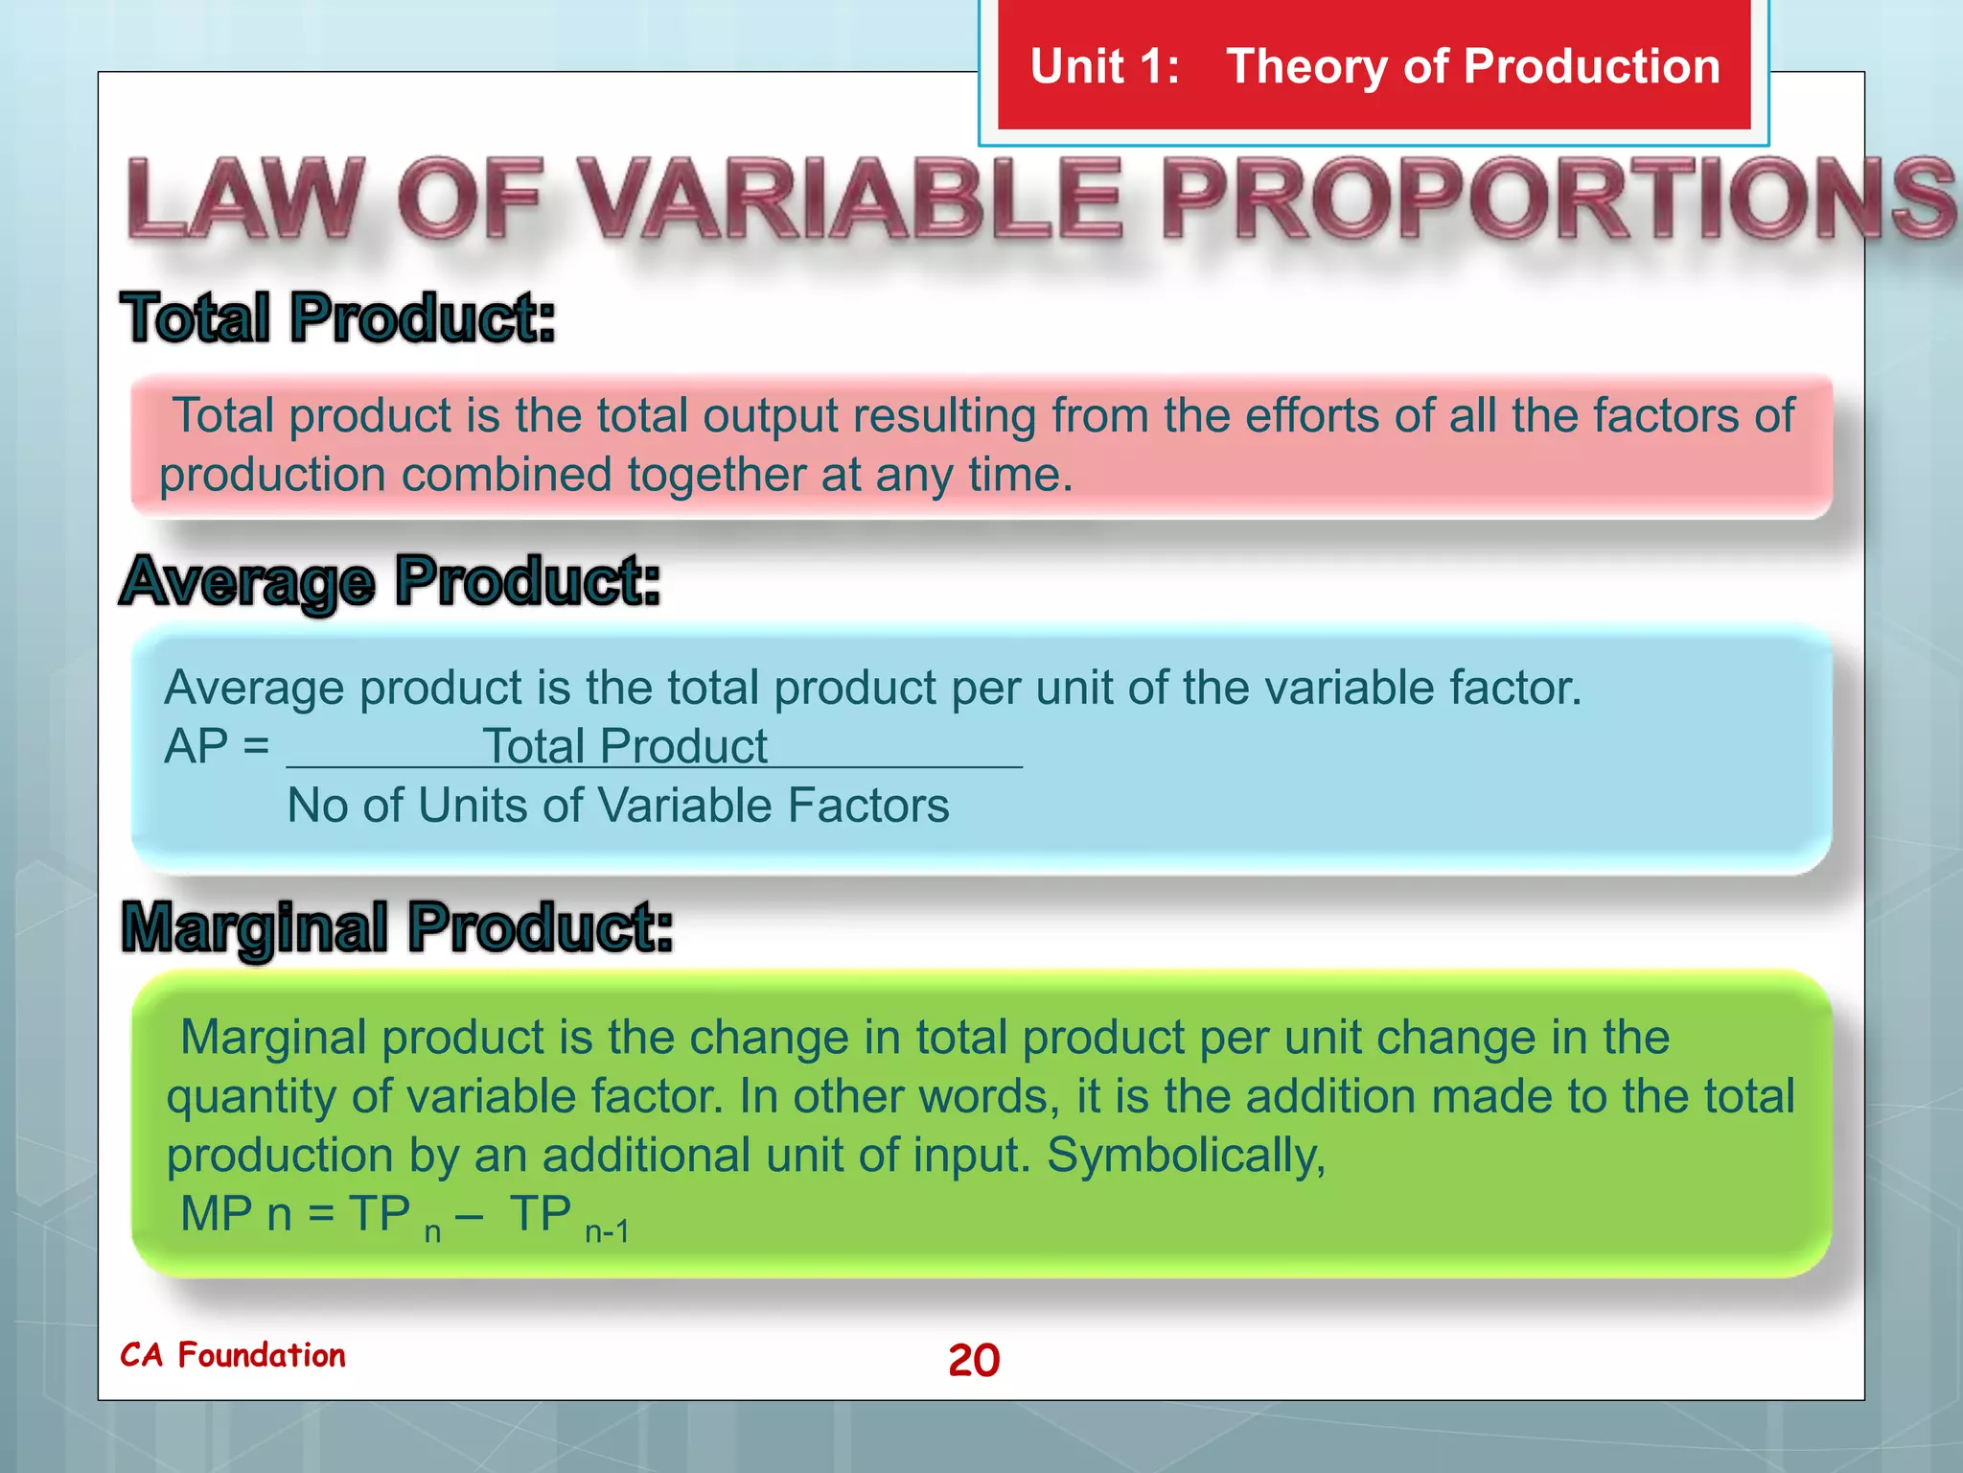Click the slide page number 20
tap(974, 1360)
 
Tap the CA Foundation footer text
tap(233, 1355)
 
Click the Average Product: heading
tap(391, 581)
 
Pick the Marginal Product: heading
tap(397, 927)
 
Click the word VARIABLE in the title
tap(851, 199)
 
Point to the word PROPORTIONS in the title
tap(1558, 199)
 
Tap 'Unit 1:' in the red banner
tap(1104, 67)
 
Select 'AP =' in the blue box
tap(217, 746)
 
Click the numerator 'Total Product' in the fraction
tap(624, 746)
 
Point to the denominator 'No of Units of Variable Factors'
tap(618, 806)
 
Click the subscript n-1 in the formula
tap(608, 1231)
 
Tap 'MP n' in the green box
tap(236, 1214)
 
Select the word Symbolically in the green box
tap(1186, 1156)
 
